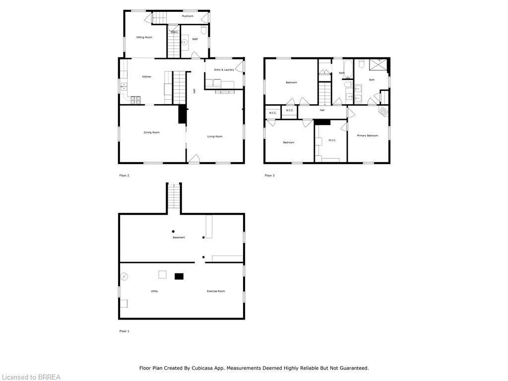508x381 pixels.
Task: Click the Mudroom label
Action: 188,16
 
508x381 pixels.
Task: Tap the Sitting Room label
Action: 144,37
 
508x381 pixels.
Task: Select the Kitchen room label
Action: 147,76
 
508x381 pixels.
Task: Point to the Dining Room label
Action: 152,132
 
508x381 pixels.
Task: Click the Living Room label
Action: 215,136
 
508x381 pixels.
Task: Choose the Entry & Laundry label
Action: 224,70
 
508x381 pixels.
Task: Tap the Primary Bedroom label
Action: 368,135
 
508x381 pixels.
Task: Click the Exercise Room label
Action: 216,291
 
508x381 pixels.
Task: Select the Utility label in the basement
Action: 154,291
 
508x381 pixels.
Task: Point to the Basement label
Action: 179,238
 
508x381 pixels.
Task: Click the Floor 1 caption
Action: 124,331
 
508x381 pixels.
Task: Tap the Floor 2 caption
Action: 124,175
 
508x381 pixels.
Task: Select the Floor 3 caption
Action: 269,175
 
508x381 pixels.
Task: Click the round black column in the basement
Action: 173,231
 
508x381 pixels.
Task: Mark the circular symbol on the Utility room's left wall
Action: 125,276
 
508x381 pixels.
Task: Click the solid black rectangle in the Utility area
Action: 179,276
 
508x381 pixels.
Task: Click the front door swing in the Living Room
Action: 194,159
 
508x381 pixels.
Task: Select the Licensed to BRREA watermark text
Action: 30,377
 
